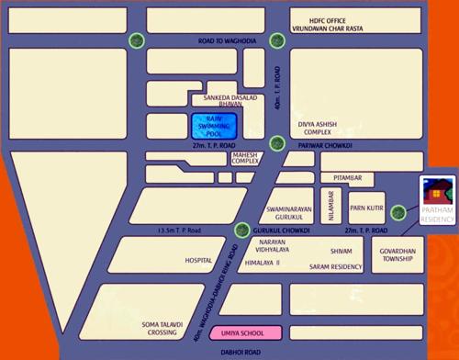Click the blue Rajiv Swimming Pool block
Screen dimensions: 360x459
click(214, 126)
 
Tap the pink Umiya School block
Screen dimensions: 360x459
click(238, 333)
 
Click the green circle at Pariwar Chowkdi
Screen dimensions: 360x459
click(277, 142)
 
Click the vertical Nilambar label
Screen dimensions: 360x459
click(331, 201)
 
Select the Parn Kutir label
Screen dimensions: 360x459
click(365, 208)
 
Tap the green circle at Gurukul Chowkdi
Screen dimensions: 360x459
click(241, 230)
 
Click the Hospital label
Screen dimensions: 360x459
click(198, 260)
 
